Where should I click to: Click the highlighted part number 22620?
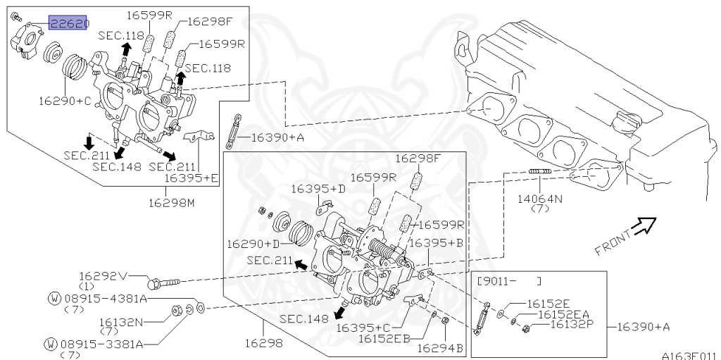[x=68, y=23]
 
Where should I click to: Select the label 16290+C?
[x=65, y=101]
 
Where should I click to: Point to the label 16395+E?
[x=192, y=178]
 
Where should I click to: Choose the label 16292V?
[x=103, y=275]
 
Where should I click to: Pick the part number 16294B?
[x=439, y=347]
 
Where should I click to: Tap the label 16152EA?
[x=564, y=314]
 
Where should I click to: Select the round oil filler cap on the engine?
[x=624, y=124]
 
